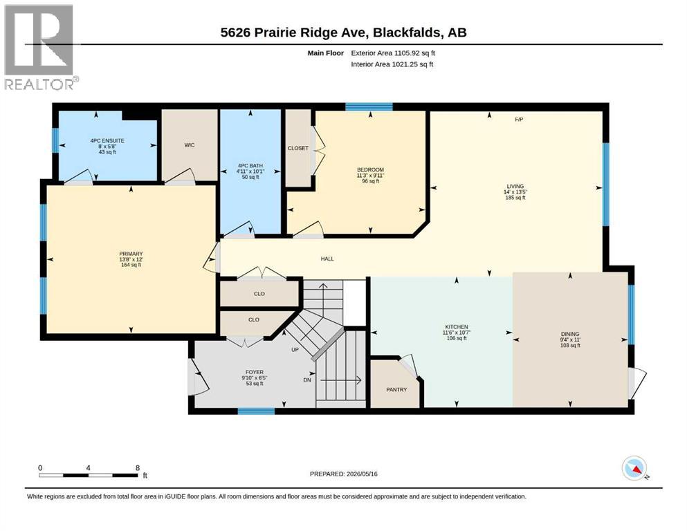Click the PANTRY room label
click(396, 389)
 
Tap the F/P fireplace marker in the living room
click(519, 119)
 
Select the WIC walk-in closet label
click(190, 145)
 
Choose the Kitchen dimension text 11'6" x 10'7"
click(457, 333)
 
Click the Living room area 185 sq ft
click(515, 198)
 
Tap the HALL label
click(327, 259)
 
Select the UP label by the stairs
click(295, 350)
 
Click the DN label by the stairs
click(307, 380)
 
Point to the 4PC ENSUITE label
click(107, 140)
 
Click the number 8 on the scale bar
click(138, 467)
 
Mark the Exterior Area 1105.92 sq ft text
click(393, 53)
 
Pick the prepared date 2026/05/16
click(362, 474)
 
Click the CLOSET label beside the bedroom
click(298, 148)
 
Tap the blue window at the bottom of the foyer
click(256, 411)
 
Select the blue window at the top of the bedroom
click(369, 106)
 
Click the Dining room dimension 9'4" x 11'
click(570, 339)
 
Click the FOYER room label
click(255, 372)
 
